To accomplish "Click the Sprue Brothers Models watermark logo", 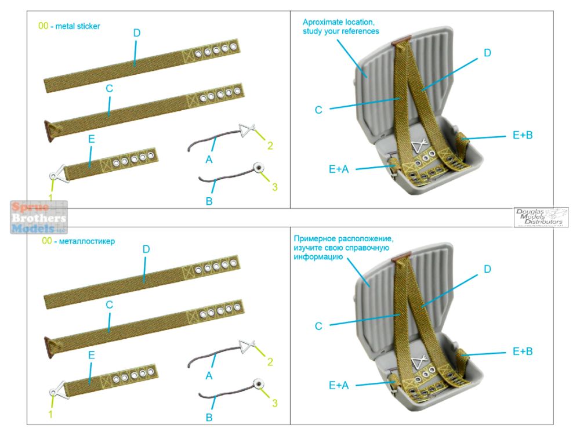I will tap(38, 217).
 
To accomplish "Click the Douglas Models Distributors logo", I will tap(541, 217).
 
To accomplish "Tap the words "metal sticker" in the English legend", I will tap(78, 26).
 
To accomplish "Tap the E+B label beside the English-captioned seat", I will tap(522, 135).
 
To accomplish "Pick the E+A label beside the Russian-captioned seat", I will tap(338, 384).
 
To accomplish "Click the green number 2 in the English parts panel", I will tap(270, 146).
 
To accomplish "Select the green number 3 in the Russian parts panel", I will tap(274, 403).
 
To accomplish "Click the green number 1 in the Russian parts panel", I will tap(50, 414).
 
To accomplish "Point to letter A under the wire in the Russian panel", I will tap(209, 376).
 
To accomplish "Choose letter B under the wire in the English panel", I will tap(209, 201).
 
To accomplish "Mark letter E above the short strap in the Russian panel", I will tap(91, 354).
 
